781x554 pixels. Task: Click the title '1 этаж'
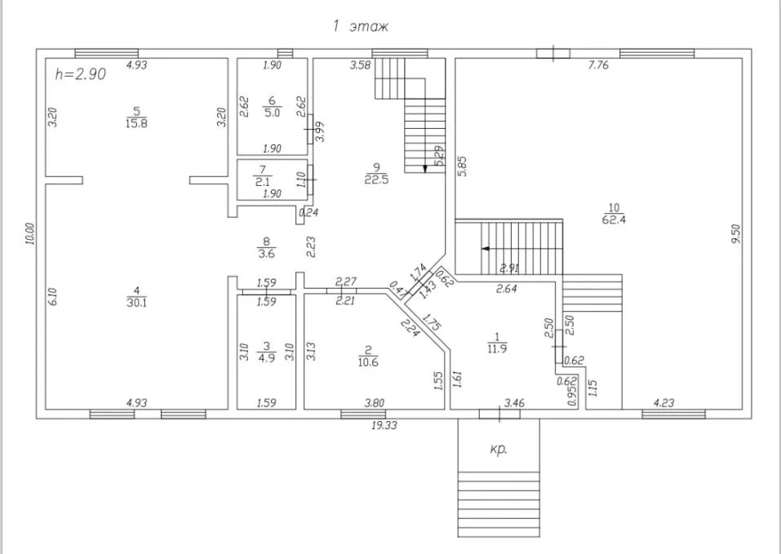[360, 26]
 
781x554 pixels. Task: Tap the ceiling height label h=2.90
[80, 74]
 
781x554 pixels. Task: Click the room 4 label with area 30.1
[136, 297]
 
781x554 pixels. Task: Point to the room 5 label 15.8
[136, 117]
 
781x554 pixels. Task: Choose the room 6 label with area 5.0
[272, 107]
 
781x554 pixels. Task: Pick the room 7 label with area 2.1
[263, 175]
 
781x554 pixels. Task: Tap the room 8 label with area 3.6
[266, 248]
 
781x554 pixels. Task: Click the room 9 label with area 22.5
[376, 173]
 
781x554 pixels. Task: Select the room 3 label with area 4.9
[266, 352]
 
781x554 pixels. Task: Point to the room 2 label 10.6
[367, 357]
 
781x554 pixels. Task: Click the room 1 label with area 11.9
[497, 343]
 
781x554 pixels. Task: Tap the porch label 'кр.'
[499, 449]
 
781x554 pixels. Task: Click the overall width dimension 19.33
[384, 426]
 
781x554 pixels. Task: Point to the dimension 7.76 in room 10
[598, 64]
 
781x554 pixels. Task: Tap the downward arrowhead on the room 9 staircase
[425, 169]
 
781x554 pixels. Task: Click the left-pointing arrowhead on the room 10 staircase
[485, 248]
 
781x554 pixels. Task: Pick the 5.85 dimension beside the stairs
[462, 166]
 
